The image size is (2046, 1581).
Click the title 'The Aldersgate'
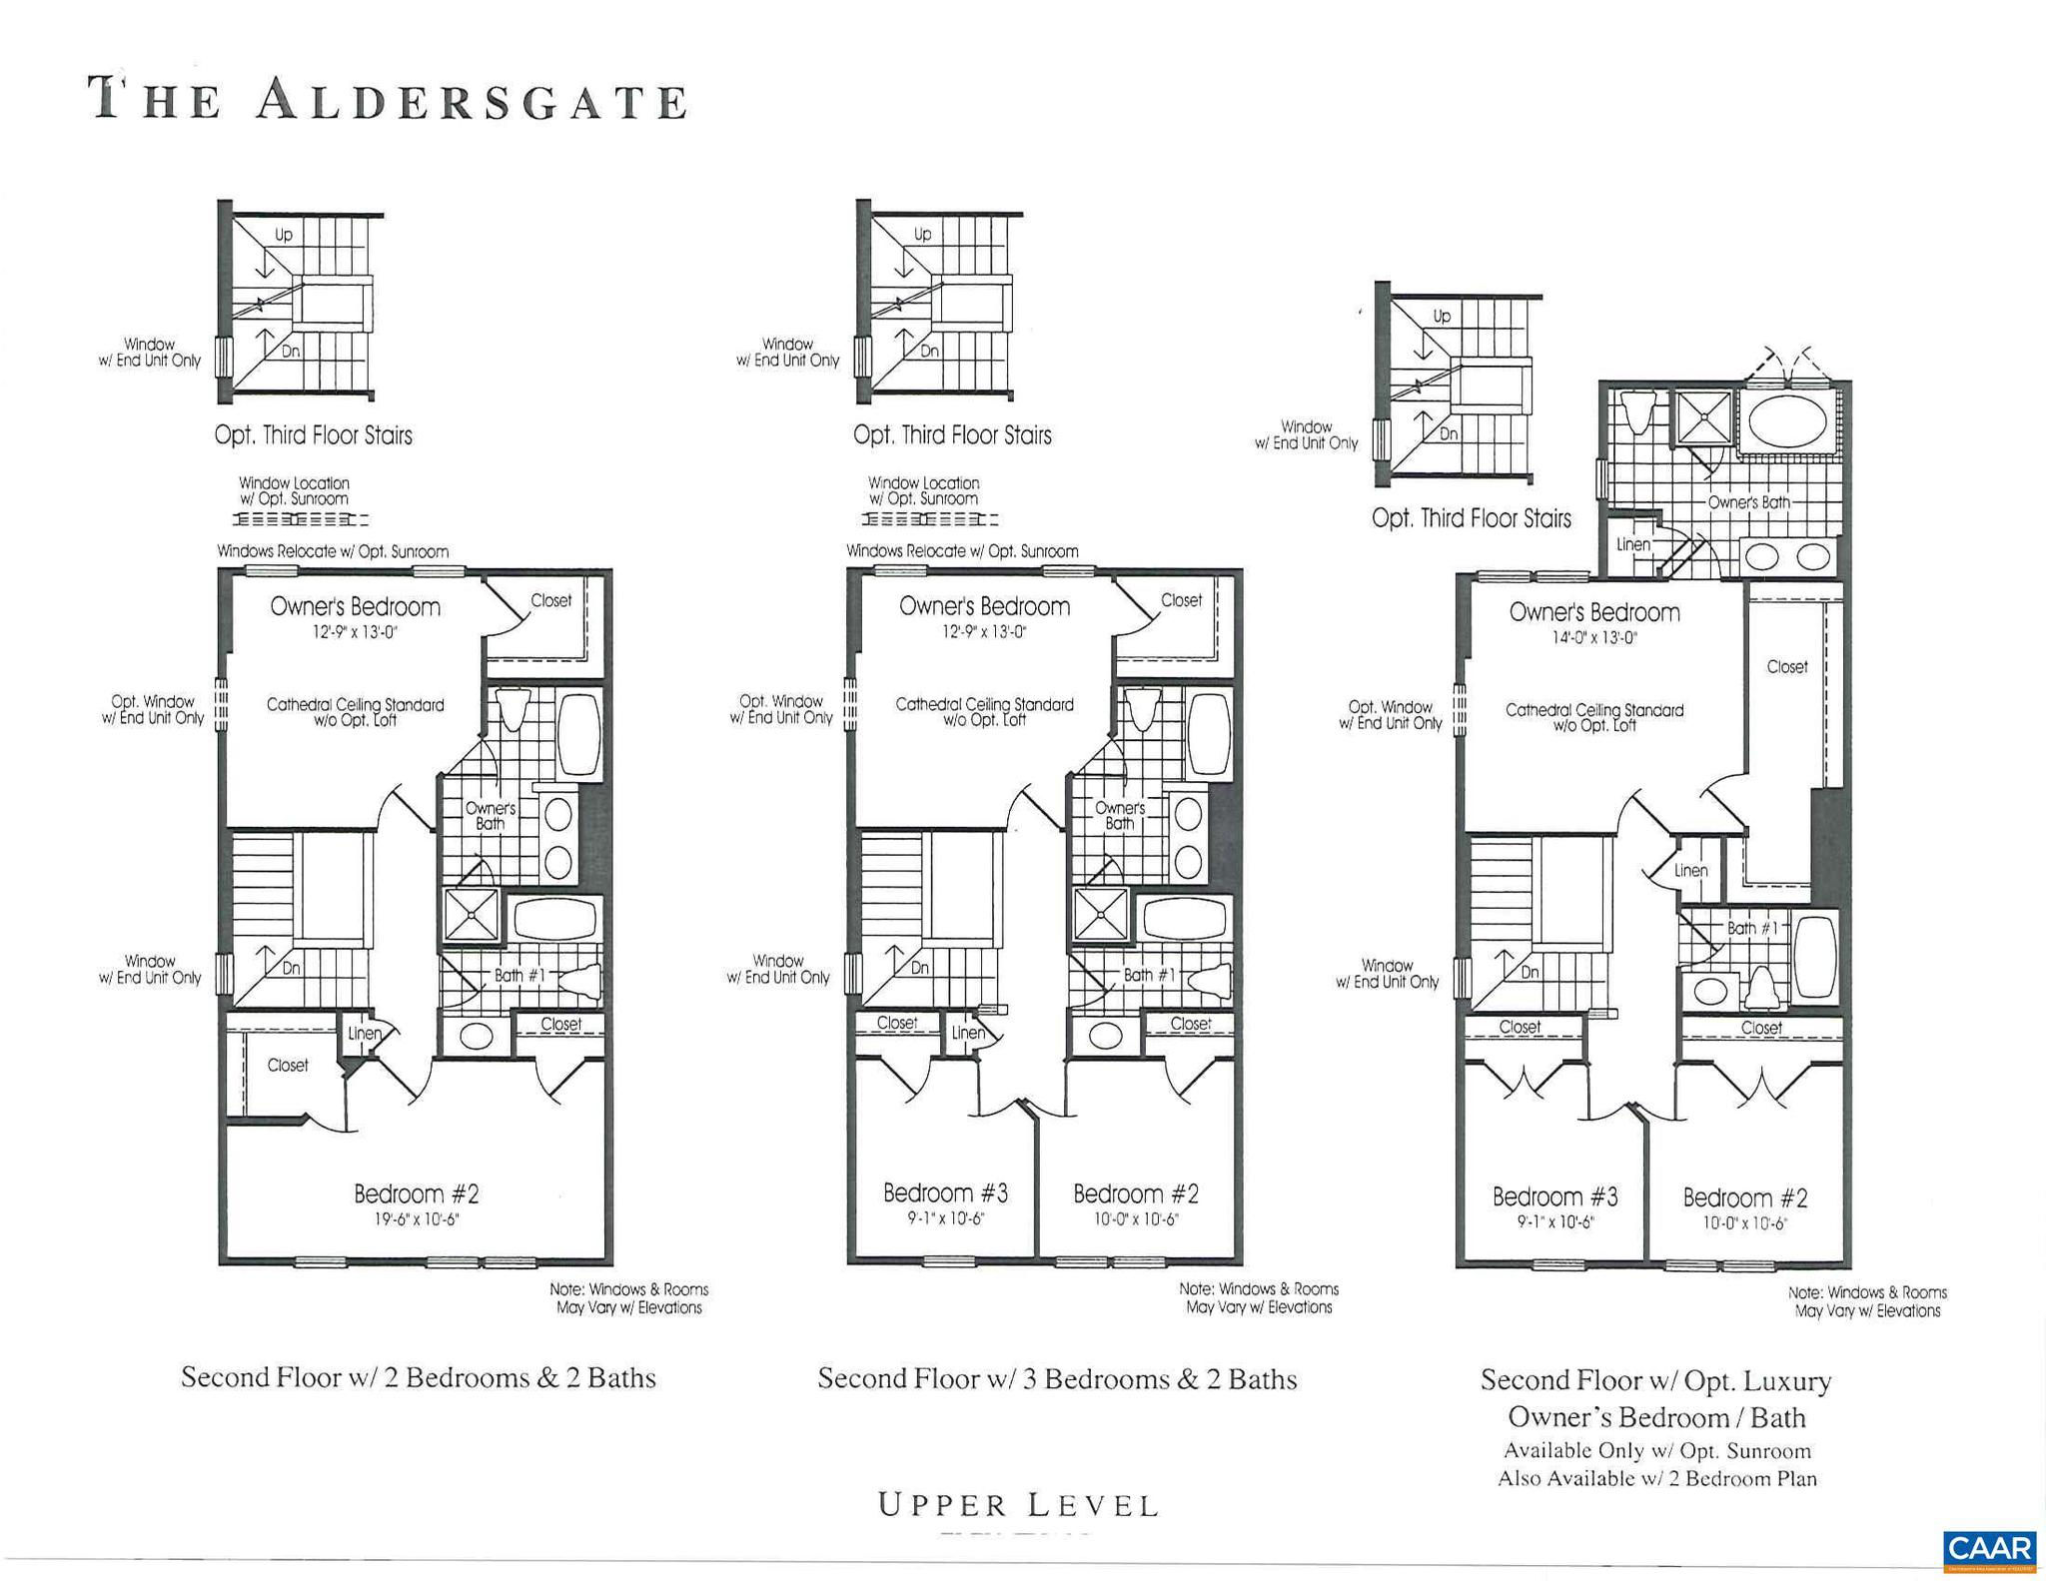coord(389,99)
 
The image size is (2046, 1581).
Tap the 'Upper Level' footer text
coord(1018,1505)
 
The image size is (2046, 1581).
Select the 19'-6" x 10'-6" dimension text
coord(416,1218)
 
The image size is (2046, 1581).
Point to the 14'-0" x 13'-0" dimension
coord(1593,637)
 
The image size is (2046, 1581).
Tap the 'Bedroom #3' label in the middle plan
coord(945,1192)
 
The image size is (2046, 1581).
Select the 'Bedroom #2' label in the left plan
coord(416,1193)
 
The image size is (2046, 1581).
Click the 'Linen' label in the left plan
coord(364,1034)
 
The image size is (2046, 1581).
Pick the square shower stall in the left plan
coord(471,916)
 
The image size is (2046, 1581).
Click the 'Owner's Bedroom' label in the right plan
coord(1594,612)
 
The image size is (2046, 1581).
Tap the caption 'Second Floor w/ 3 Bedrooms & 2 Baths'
coord(1057,1379)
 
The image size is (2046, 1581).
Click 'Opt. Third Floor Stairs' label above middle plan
coord(952,435)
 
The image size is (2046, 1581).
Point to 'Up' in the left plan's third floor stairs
coord(284,235)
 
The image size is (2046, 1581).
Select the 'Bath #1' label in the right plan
coord(1752,928)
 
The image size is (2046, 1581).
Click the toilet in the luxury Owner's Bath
coord(1635,410)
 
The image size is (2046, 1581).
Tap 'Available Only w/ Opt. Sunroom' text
coord(1656,1451)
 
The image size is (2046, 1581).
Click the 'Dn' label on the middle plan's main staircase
coord(919,968)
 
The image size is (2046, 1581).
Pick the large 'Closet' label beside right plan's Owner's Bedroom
coord(1786,666)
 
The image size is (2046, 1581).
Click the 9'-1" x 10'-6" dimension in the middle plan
coord(945,1218)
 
